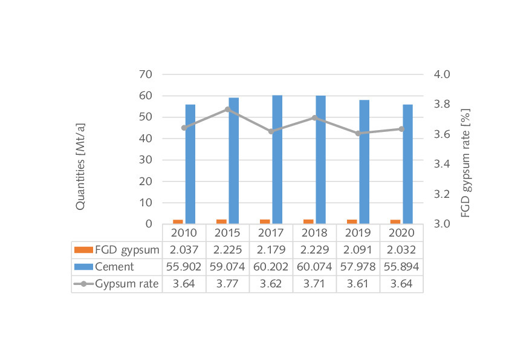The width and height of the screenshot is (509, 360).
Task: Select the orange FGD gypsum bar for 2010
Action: [x=178, y=222]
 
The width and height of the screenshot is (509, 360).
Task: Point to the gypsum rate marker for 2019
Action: [x=358, y=133]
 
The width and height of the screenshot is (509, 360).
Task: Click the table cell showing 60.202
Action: [x=271, y=267]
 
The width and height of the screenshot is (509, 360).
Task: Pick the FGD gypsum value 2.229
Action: [x=314, y=250]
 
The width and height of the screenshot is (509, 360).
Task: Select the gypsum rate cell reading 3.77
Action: [x=227, y=284]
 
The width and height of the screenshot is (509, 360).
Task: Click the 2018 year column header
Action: [x=314, y=233]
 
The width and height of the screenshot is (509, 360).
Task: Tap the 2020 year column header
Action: [x=401, y=233]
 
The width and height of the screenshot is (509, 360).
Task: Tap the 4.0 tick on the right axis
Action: [x=443, y=74]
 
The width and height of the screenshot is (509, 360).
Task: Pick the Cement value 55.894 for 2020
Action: [x=401, y=267]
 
